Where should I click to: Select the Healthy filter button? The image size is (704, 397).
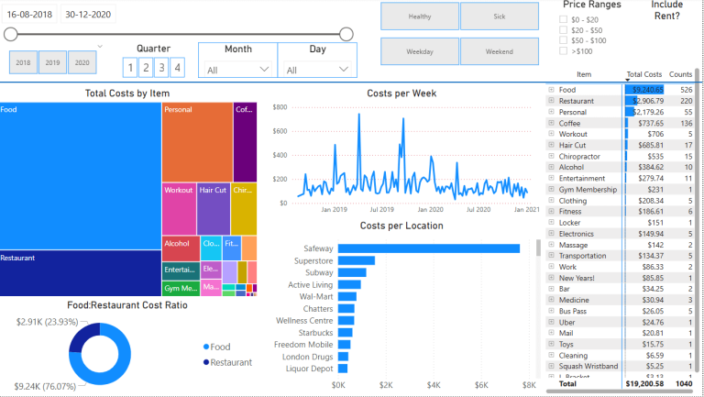420,17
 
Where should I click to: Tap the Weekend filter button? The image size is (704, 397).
500,51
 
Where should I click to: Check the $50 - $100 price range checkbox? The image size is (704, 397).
565,41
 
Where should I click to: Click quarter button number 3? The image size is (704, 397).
162,67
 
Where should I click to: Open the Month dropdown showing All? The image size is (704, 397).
236,70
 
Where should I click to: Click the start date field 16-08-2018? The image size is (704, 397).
30,15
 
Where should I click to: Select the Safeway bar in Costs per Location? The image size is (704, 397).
428,248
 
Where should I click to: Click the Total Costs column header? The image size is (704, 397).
643,73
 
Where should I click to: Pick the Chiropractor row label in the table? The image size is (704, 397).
580,156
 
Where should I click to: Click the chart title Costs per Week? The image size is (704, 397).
401,94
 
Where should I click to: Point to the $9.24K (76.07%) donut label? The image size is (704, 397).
43,387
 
